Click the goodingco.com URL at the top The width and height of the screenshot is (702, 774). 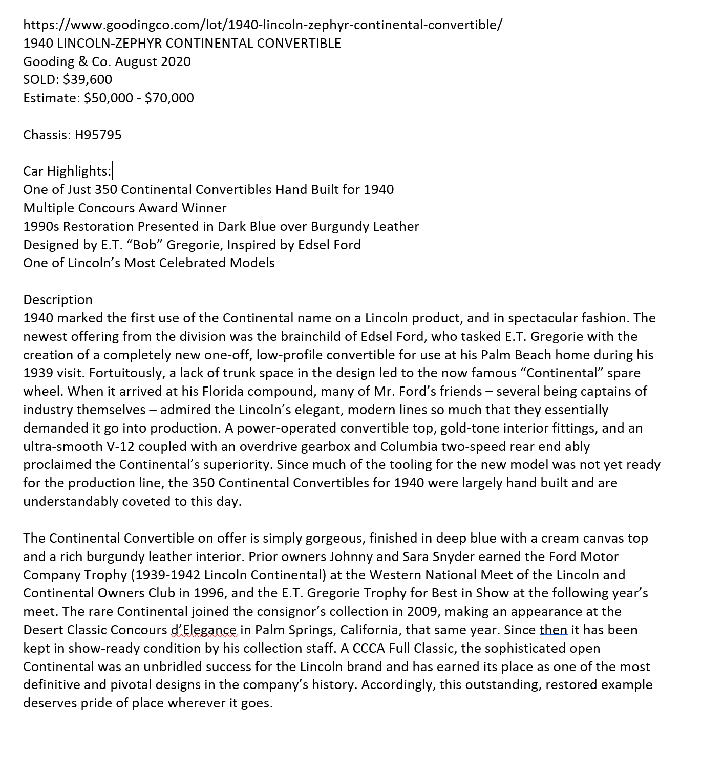tap(263, 25)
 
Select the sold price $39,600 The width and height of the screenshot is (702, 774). tap(88, 79)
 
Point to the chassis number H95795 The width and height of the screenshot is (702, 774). tap(98, 135)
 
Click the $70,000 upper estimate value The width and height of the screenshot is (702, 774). tap(169, 98)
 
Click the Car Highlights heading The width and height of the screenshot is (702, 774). tap(67, 171)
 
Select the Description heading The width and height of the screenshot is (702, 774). tap(58, 299)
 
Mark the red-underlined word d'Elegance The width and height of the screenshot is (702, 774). tap(204, 630)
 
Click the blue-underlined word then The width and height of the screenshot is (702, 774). tap(554, 630)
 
